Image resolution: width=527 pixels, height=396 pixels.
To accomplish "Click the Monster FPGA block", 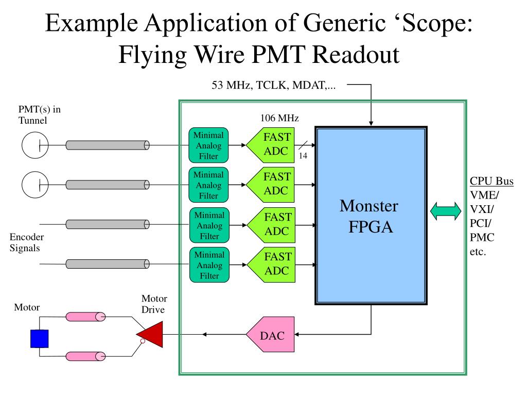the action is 371,216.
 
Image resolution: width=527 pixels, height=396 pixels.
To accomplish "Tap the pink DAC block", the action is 271,334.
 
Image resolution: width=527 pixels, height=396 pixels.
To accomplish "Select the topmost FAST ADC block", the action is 271,145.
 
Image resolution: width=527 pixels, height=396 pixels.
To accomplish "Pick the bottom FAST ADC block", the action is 271,265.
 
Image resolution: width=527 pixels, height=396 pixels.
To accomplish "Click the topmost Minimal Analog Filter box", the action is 208,145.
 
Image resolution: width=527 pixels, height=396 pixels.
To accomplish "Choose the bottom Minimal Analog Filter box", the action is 209,265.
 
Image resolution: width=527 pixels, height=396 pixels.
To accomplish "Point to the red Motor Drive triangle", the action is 150,334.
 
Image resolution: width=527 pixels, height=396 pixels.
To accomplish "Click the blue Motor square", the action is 39,339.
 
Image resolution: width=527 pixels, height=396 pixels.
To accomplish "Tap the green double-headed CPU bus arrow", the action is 446,211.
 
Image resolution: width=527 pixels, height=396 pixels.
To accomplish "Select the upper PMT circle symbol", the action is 35,145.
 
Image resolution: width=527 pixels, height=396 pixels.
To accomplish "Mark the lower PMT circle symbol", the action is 35,185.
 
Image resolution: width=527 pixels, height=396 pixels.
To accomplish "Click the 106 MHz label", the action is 279,118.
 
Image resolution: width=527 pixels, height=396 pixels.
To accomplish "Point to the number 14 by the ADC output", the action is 303,156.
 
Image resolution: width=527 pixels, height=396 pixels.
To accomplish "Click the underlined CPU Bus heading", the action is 491,181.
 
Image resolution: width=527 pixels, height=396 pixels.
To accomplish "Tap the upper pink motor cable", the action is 85,317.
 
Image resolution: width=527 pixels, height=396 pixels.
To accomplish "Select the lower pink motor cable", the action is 85,356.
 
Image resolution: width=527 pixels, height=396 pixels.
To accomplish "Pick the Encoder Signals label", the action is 26,242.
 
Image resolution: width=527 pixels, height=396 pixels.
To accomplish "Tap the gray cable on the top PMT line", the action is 108,145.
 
